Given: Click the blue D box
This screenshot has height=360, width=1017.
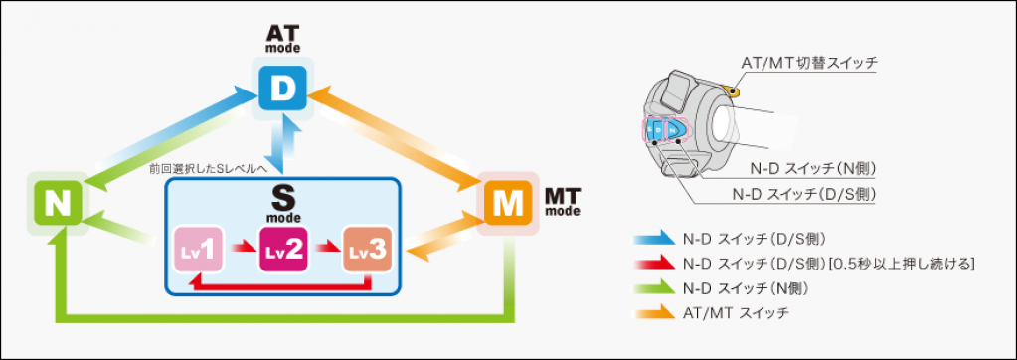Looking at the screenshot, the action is coord(282,89).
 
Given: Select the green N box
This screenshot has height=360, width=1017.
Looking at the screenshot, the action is coord(57,202).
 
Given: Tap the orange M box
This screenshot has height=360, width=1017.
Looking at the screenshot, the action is coord(508,203).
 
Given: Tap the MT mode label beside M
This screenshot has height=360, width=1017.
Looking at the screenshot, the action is coord(563,202).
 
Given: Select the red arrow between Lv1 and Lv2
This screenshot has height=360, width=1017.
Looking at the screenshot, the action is coord(242,248).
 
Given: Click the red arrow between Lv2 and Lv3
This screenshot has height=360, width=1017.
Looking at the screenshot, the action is coord(325,248).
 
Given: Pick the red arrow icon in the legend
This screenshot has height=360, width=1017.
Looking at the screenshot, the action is coord(652,264).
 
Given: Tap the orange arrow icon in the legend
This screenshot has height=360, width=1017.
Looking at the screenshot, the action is coord(652,313).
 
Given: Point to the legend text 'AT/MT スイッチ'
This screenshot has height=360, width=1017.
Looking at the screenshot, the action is coord(737,313).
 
